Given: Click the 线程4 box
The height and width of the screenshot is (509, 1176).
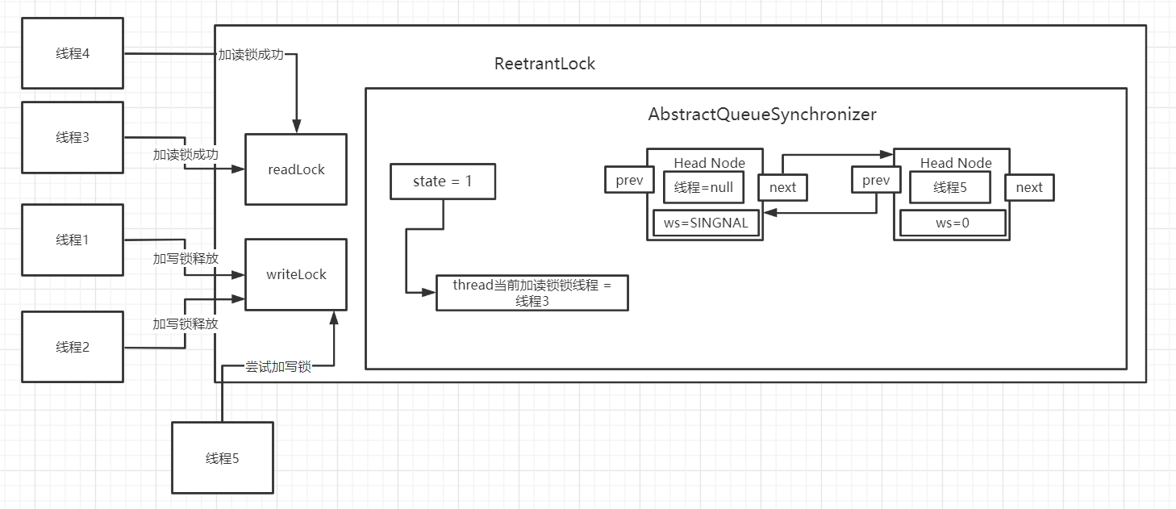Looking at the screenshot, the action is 73,53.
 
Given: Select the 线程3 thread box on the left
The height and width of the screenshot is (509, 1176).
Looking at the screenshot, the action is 73,137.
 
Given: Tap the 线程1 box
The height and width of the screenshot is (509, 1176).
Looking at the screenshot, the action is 73,240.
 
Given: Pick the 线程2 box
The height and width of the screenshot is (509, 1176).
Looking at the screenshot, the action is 73,347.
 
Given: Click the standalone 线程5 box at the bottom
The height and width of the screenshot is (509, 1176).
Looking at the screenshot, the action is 223,458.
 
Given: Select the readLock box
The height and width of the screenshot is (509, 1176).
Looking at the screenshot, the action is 296,169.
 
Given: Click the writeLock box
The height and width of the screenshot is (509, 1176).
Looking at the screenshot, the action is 296,274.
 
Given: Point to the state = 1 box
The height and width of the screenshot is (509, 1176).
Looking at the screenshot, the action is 443,181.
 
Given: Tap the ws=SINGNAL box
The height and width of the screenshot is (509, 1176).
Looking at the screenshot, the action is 706,223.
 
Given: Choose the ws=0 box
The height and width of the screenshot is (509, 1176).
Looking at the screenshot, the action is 953,223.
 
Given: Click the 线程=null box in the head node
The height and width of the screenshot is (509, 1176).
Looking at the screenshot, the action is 703,187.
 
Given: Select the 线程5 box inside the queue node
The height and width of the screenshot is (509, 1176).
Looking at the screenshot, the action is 949,187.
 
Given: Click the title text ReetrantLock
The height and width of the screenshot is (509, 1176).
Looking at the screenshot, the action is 544,64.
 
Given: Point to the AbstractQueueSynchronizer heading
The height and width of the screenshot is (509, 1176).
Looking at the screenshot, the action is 761,114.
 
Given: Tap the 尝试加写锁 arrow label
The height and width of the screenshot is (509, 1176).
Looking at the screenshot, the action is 278,367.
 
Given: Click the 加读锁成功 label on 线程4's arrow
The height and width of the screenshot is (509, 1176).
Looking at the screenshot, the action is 251,55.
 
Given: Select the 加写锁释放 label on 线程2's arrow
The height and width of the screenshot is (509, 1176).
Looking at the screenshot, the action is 186,323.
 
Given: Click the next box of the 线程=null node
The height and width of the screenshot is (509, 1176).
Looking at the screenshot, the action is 782,187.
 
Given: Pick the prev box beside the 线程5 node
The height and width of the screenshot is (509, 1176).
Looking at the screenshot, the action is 876,180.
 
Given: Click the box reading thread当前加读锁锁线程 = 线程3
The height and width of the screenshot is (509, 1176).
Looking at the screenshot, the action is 532,293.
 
